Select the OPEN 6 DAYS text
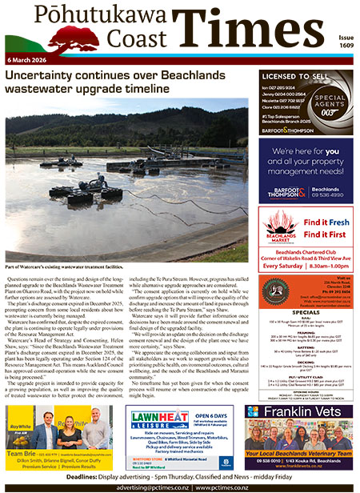[213, 415]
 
